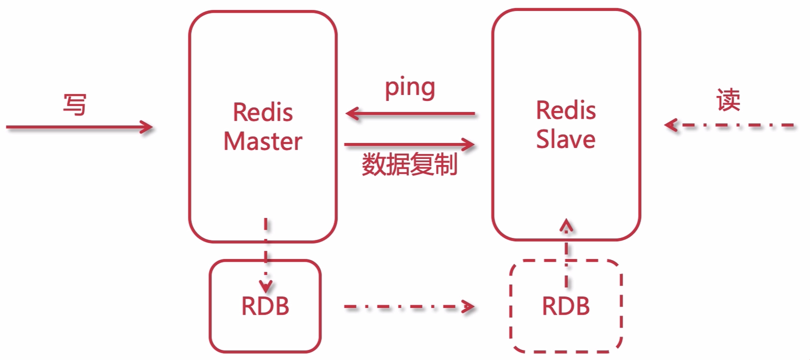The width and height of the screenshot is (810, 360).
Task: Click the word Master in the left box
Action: click(263, 141)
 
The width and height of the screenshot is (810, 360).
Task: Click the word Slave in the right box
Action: click(565, 139)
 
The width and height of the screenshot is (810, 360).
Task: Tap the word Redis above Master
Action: click(263, 112)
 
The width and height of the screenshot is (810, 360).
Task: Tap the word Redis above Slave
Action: click(566, 111)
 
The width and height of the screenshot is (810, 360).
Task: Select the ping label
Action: click(410, 88)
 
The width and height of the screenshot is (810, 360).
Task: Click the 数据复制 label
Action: click(410, 164)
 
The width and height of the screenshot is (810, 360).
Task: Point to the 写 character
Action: click(75, 105)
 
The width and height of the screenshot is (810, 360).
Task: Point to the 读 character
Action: click(728, 100)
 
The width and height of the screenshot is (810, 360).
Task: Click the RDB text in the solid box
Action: click(265, 306)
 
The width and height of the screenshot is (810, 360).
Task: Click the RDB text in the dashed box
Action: click(566, 306)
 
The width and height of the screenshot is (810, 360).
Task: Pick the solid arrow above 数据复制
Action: click(409, 145)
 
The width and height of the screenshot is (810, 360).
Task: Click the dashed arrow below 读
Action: click(731, 125)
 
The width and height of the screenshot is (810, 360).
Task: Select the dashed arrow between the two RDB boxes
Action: click(409, 307)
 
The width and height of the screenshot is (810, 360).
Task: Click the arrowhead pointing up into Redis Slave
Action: click(566, 225)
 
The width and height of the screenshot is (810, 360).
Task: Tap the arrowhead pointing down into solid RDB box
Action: click(266, 287)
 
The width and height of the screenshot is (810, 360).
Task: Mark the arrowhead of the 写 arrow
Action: click(147, 127)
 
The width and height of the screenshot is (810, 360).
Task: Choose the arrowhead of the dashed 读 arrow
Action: click(671, 125)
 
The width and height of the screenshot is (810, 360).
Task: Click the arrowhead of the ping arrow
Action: click(352, 113)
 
